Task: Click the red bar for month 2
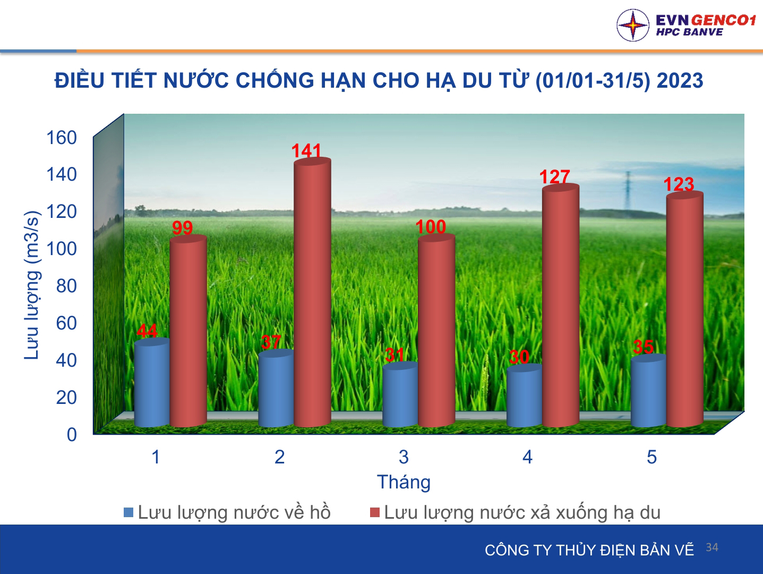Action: pos(312,292)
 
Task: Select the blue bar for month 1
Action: pos(152,382)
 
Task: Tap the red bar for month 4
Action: pos(561,306)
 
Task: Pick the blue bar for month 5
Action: pos(649,391)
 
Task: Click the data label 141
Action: pos(306,150)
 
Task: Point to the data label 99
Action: pos(182,228)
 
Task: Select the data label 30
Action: pos(519,357)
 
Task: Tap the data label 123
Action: pos(679,184)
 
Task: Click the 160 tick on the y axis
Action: pos(62,138)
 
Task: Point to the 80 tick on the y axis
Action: pos(66,286)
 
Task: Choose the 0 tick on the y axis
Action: pos(72,435)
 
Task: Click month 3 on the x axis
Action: pos(404,457)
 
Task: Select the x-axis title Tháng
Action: pos(404,482)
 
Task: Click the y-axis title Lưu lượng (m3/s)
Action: pos(32,285)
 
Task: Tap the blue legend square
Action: pos(128,512)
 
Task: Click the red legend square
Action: pos(375,512)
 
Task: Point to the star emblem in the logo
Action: pos(632,25)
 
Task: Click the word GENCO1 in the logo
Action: pos(724,20)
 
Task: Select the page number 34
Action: pos(712,547)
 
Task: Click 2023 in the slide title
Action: pos(680,81)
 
